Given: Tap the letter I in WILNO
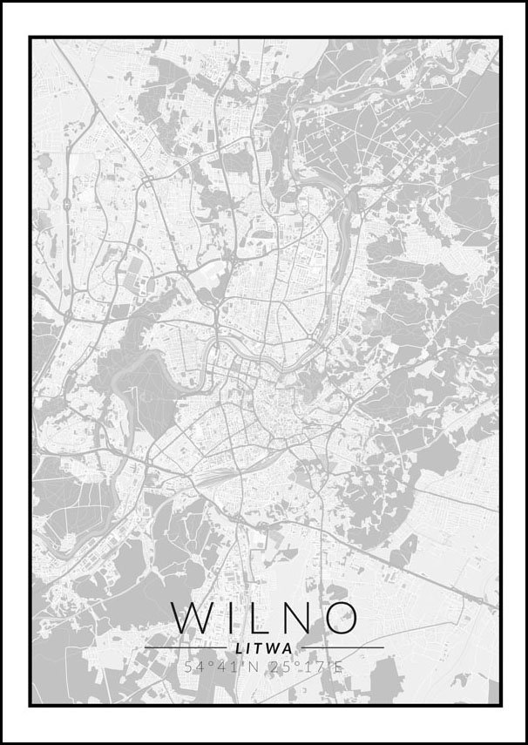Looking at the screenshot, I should click(x=224, y=617).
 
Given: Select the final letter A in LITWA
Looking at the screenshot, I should click(x=288, y=647).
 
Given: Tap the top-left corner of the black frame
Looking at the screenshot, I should click(x=30, y=37).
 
